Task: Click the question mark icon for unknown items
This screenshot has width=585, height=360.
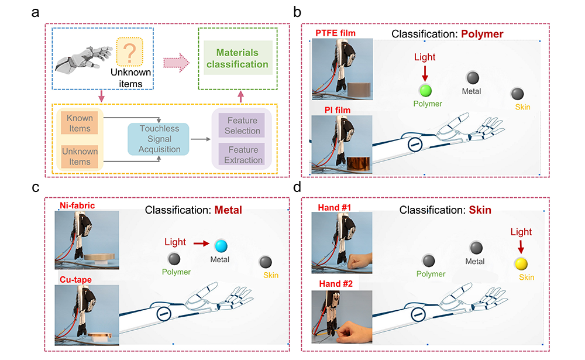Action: pos(128,52)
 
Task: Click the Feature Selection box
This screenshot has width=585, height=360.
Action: pos(242,125)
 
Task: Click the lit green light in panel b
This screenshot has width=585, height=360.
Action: pos(425,90)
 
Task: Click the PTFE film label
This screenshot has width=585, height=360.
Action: pos(335,32)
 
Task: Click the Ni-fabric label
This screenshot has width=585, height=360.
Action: pos(76,205)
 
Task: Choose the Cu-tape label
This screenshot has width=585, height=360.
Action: pos(75,279)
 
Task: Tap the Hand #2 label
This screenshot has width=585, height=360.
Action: pos(333,284)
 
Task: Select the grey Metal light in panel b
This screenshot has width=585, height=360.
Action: pos(472,77)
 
